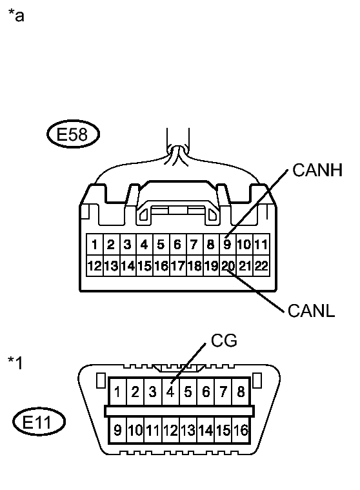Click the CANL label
(x=312, y=311)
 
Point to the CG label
(x=224, y=340)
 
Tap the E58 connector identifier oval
(x=72, y=136)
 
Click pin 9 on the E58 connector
(x=228, y=245)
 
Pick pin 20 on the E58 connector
(x=228, y=265)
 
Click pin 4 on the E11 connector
(x=170, y=391)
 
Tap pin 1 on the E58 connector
(x=95, y=245)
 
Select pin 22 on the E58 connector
(x=261, y=265)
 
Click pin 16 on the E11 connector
(x=241, y=431)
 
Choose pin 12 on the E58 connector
(x=95, y=265)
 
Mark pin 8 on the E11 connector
(x=241, y=391)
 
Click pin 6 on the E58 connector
(x=177, y=245)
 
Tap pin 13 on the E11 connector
(x=188, y=431)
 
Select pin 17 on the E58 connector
(x=177, y=265)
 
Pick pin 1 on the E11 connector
(x=118, y=391)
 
